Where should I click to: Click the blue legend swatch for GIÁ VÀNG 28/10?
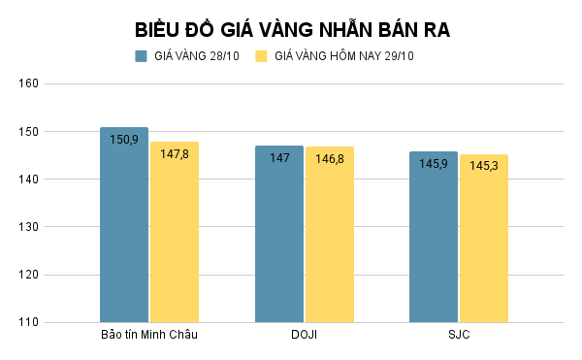point(141,56)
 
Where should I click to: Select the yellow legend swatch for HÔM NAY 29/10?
point(261,56)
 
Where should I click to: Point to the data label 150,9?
point(124,140)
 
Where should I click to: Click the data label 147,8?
point(175,154)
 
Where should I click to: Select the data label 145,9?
point(434,164)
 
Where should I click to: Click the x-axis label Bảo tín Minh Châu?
point(149,336)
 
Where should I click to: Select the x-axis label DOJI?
point(304,336)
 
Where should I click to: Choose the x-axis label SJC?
point(459,336)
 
